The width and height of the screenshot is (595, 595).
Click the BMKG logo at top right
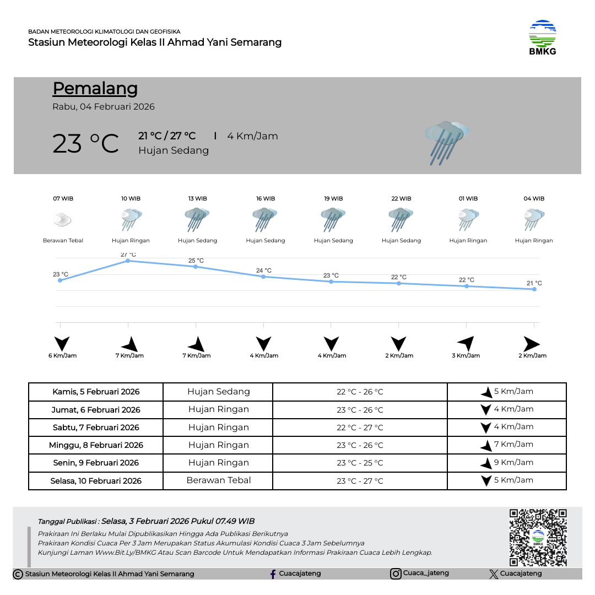(543, 37)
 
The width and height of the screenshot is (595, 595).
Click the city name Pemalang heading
(95, 88)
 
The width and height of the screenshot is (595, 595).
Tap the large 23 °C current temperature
(85, 144)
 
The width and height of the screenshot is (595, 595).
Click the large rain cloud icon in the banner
(446, 142)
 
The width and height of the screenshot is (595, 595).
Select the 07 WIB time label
(63, 198)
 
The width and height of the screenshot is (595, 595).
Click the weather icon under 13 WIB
(197, 219)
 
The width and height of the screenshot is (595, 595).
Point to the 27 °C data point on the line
(128, 261)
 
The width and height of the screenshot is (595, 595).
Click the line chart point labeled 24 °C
(263, 277)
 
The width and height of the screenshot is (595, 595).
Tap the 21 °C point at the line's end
(534, 289)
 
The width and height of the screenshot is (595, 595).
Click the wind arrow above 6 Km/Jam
(62, 344)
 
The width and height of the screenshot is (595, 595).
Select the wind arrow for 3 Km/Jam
(466, 343)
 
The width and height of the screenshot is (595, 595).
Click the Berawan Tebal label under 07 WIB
(63, 241)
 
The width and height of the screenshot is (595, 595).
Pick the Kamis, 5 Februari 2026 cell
(96, 392)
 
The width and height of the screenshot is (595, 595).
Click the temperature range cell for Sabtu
(360, 428)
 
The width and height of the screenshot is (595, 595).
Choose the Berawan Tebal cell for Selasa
(219, 480)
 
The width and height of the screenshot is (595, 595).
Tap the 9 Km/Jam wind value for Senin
(513, 462)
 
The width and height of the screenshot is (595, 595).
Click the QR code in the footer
(538, 537)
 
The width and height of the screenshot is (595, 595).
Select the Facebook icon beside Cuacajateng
(273, 574)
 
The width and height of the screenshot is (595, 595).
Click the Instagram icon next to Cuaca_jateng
(396, 574)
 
